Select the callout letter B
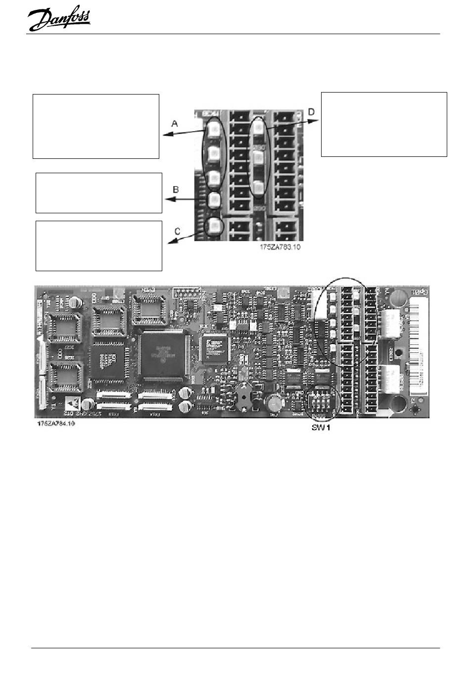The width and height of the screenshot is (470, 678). tap(175, 190)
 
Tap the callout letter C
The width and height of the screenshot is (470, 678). tap(178, 231)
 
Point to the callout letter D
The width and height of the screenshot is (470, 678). tap(311, 112)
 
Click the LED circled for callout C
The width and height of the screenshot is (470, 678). tap(214, 226)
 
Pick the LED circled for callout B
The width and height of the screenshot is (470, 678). tap(214, 199)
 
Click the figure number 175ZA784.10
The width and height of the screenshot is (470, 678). tap(55, 425)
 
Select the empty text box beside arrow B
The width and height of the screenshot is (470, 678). tap(99, 193)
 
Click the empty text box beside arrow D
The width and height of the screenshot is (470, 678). tap(384, 124)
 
